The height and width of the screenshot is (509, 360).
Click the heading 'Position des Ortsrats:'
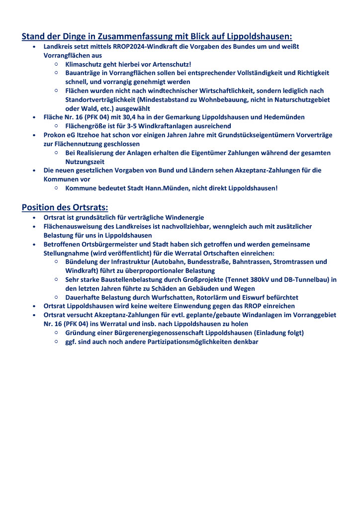coord(65,207)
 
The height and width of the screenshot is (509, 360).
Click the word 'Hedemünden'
coord(284,117)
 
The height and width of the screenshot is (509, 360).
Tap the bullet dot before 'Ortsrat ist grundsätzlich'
coord(33,218)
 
